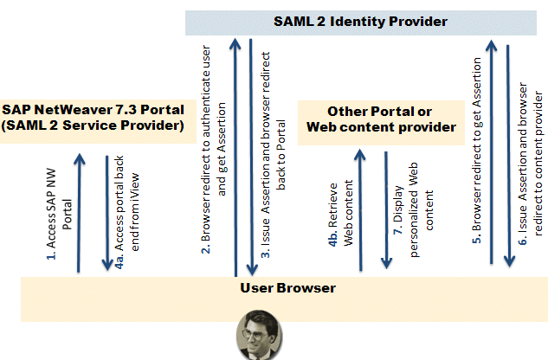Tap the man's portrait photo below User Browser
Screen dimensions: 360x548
(x=261, y=336)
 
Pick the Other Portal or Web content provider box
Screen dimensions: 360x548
(x=379, y=119)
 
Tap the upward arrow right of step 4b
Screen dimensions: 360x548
(x=362, y=209)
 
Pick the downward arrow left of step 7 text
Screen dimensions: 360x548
(x=385, y=209)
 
